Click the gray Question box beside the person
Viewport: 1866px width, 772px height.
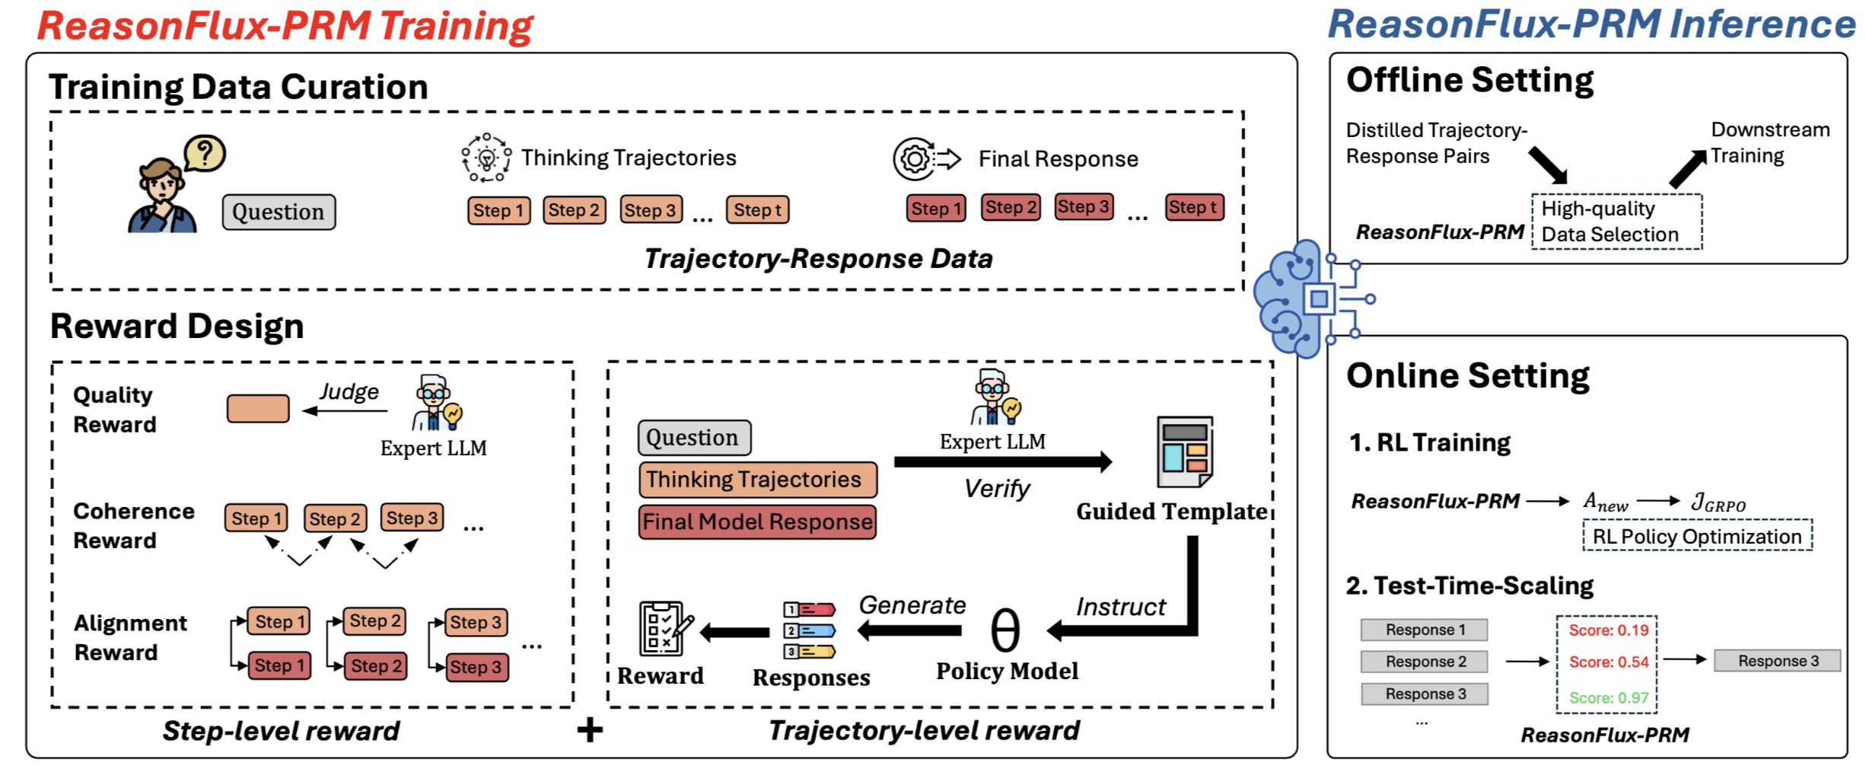coord(279,212)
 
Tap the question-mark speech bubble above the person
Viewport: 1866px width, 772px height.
coord(204,154)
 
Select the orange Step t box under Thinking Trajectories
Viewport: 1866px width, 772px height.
coord(757,210)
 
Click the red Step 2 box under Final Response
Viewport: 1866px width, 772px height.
coord(1010,207)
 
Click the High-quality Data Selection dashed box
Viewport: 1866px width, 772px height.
coord(1616,222)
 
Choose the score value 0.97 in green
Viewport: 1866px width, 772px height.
coord(1609,697)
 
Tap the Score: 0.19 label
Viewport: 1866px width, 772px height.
coord(1608,630)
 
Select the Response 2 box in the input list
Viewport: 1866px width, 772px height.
coord(1424,662)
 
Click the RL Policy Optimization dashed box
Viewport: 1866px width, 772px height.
coord(1697,536)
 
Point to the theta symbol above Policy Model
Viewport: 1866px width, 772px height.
coord(1005,630)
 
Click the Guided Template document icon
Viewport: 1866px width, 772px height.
coord(1184,451)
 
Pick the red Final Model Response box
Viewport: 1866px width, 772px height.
coord(757,522)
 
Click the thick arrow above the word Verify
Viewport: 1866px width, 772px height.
coord(1002,461)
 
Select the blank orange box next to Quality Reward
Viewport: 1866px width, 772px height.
coord(258,408)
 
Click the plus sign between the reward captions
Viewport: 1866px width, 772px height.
coord(590,730)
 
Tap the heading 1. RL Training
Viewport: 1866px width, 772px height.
coord(1429,442)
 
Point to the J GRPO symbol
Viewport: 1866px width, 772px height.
coord(1718,503)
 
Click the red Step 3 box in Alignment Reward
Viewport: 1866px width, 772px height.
coord(476,667)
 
